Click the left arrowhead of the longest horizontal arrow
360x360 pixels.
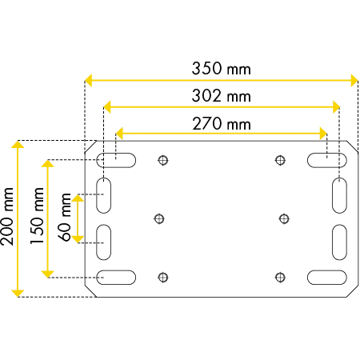[x=89, y=80]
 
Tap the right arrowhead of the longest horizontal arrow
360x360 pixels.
[x=352, y=80]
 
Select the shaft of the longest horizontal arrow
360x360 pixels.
[x=220, y=80]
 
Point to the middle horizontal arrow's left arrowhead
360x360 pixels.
[x=108, y=106]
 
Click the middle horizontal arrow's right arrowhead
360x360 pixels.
[x=337, y=106]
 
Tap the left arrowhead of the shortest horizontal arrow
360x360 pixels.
[x=121, y=132]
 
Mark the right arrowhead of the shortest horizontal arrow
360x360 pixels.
[x=322, y=132]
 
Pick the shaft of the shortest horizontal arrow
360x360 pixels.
[x=221, y=132]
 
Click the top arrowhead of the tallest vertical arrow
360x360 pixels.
[x=16, y=146]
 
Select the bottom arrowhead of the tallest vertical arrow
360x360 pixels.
[x=16, y=293]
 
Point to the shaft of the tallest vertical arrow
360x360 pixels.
[x=16, y=220]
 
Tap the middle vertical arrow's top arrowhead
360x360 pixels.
[x=48, y=165]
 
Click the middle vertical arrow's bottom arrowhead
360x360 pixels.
[x=48, y=274]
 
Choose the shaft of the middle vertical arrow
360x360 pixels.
[x=48, y=219]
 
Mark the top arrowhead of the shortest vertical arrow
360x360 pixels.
[x=78, y=198]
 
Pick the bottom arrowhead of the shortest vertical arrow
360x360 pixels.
[x=78, y=237]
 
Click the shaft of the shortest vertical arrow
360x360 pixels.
[x=78, y=217]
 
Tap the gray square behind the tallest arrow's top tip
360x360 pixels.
[x=17, y=146]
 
